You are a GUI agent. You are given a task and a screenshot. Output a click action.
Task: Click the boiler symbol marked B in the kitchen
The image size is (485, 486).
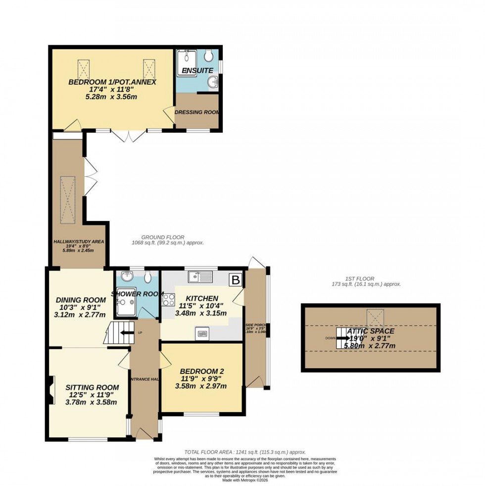[236, 280]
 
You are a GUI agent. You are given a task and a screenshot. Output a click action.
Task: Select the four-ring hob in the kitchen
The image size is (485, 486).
[169, 299]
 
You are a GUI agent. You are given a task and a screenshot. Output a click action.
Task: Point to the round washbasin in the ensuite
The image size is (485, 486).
[212, 82]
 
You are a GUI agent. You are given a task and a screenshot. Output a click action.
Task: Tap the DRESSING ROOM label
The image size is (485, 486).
[197, 112]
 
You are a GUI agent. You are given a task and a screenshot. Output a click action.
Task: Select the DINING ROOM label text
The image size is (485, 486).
[81, 300]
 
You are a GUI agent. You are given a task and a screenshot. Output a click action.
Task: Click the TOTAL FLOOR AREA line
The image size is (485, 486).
[244, 452]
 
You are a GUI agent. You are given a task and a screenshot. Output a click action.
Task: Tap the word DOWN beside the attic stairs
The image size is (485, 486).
[331, 339]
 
